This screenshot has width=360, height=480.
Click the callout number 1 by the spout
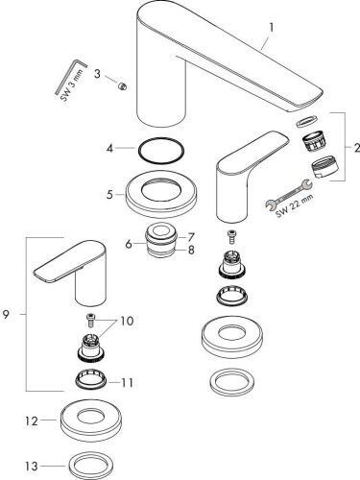[272, 28]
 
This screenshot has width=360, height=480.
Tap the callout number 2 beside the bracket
[356, 148]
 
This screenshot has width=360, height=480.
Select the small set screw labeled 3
[122, 86]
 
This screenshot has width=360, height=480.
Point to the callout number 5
[109, 194]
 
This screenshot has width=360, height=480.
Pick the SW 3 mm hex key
[71, 77]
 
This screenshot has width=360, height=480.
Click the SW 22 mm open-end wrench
[289, 193]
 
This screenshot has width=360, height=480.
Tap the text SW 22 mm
[295, 205]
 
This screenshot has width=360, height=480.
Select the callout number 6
[129, 244]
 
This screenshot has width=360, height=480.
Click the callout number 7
[191, 237]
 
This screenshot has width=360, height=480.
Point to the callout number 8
[191, 250]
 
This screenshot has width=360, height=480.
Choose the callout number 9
[7, 314]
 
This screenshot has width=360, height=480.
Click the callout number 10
[127, 321]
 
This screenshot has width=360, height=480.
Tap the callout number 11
[127, 383]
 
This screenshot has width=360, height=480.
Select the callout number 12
[32, 421]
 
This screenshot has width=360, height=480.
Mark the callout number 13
[32, 467]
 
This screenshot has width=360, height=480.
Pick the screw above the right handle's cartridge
[231, 238]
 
